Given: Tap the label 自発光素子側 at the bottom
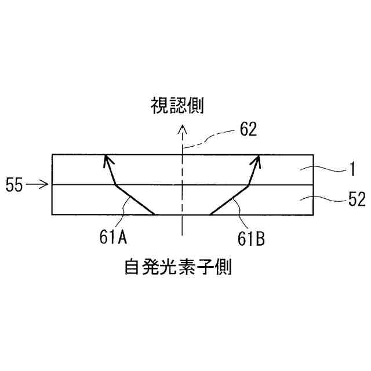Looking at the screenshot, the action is click(x=177, y=267).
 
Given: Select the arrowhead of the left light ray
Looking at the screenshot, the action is click(x=106, y=159).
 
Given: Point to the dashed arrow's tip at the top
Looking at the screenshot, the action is click(x=182, y=125).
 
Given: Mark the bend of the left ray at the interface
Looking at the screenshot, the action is click(x=117, y=185).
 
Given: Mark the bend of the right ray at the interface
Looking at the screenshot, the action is click(x=249, y=185).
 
